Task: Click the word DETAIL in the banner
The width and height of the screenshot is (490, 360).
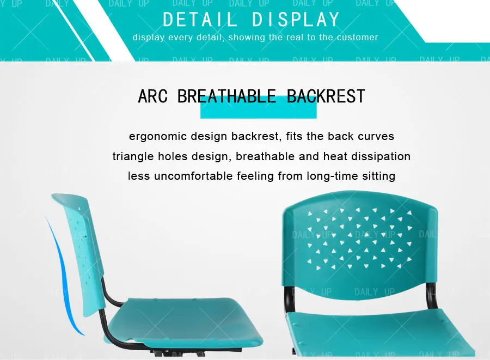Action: (x=200, y=20)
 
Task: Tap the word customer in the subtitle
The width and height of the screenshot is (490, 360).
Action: (x=358, y=38)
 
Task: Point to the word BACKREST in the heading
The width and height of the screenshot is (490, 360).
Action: (x=326, y=96)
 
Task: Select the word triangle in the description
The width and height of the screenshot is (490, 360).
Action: (x=133, y=156)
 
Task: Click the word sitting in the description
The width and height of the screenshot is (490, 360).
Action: (x=378, y=176)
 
